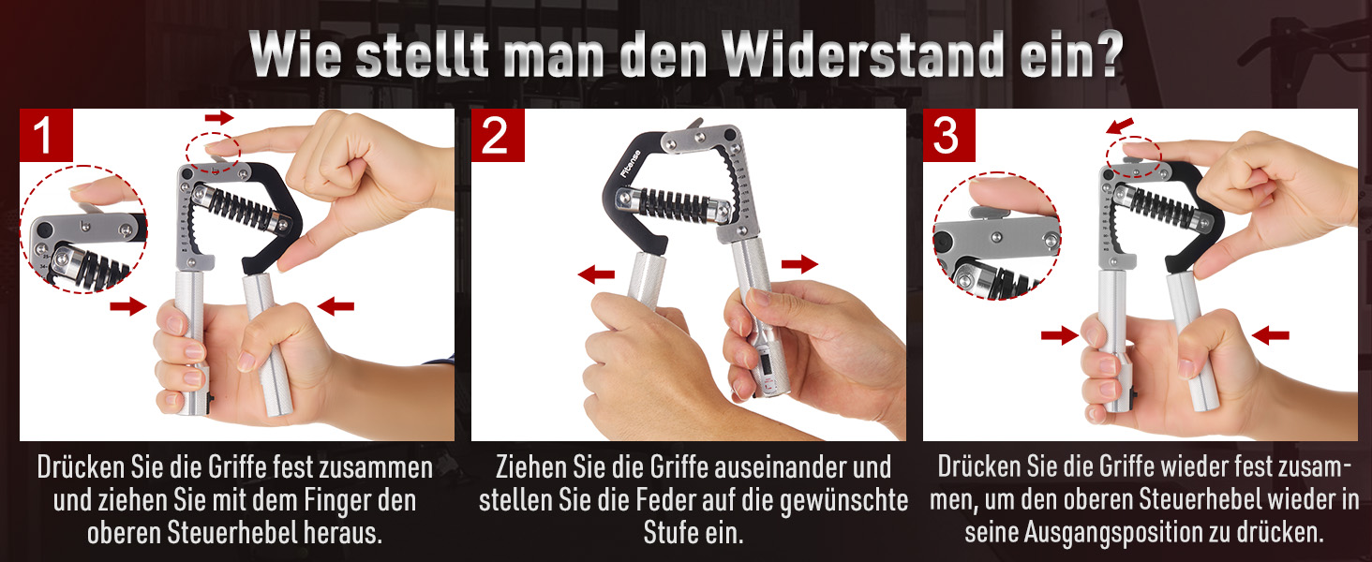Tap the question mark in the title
1106,54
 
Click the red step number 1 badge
46,135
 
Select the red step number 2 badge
498,135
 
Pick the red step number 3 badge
948,135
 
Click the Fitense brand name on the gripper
631,164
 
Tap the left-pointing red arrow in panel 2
596,274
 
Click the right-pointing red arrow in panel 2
800,264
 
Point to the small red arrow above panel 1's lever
219,117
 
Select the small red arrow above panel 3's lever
1120,126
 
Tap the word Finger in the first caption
340,501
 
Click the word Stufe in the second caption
666,533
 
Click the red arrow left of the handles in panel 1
128,305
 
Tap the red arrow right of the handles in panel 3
1271,335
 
